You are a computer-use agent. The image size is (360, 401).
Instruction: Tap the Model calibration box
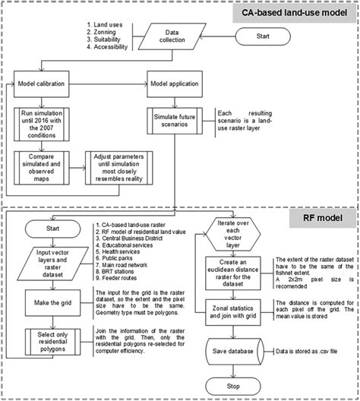[x=48, y=84]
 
